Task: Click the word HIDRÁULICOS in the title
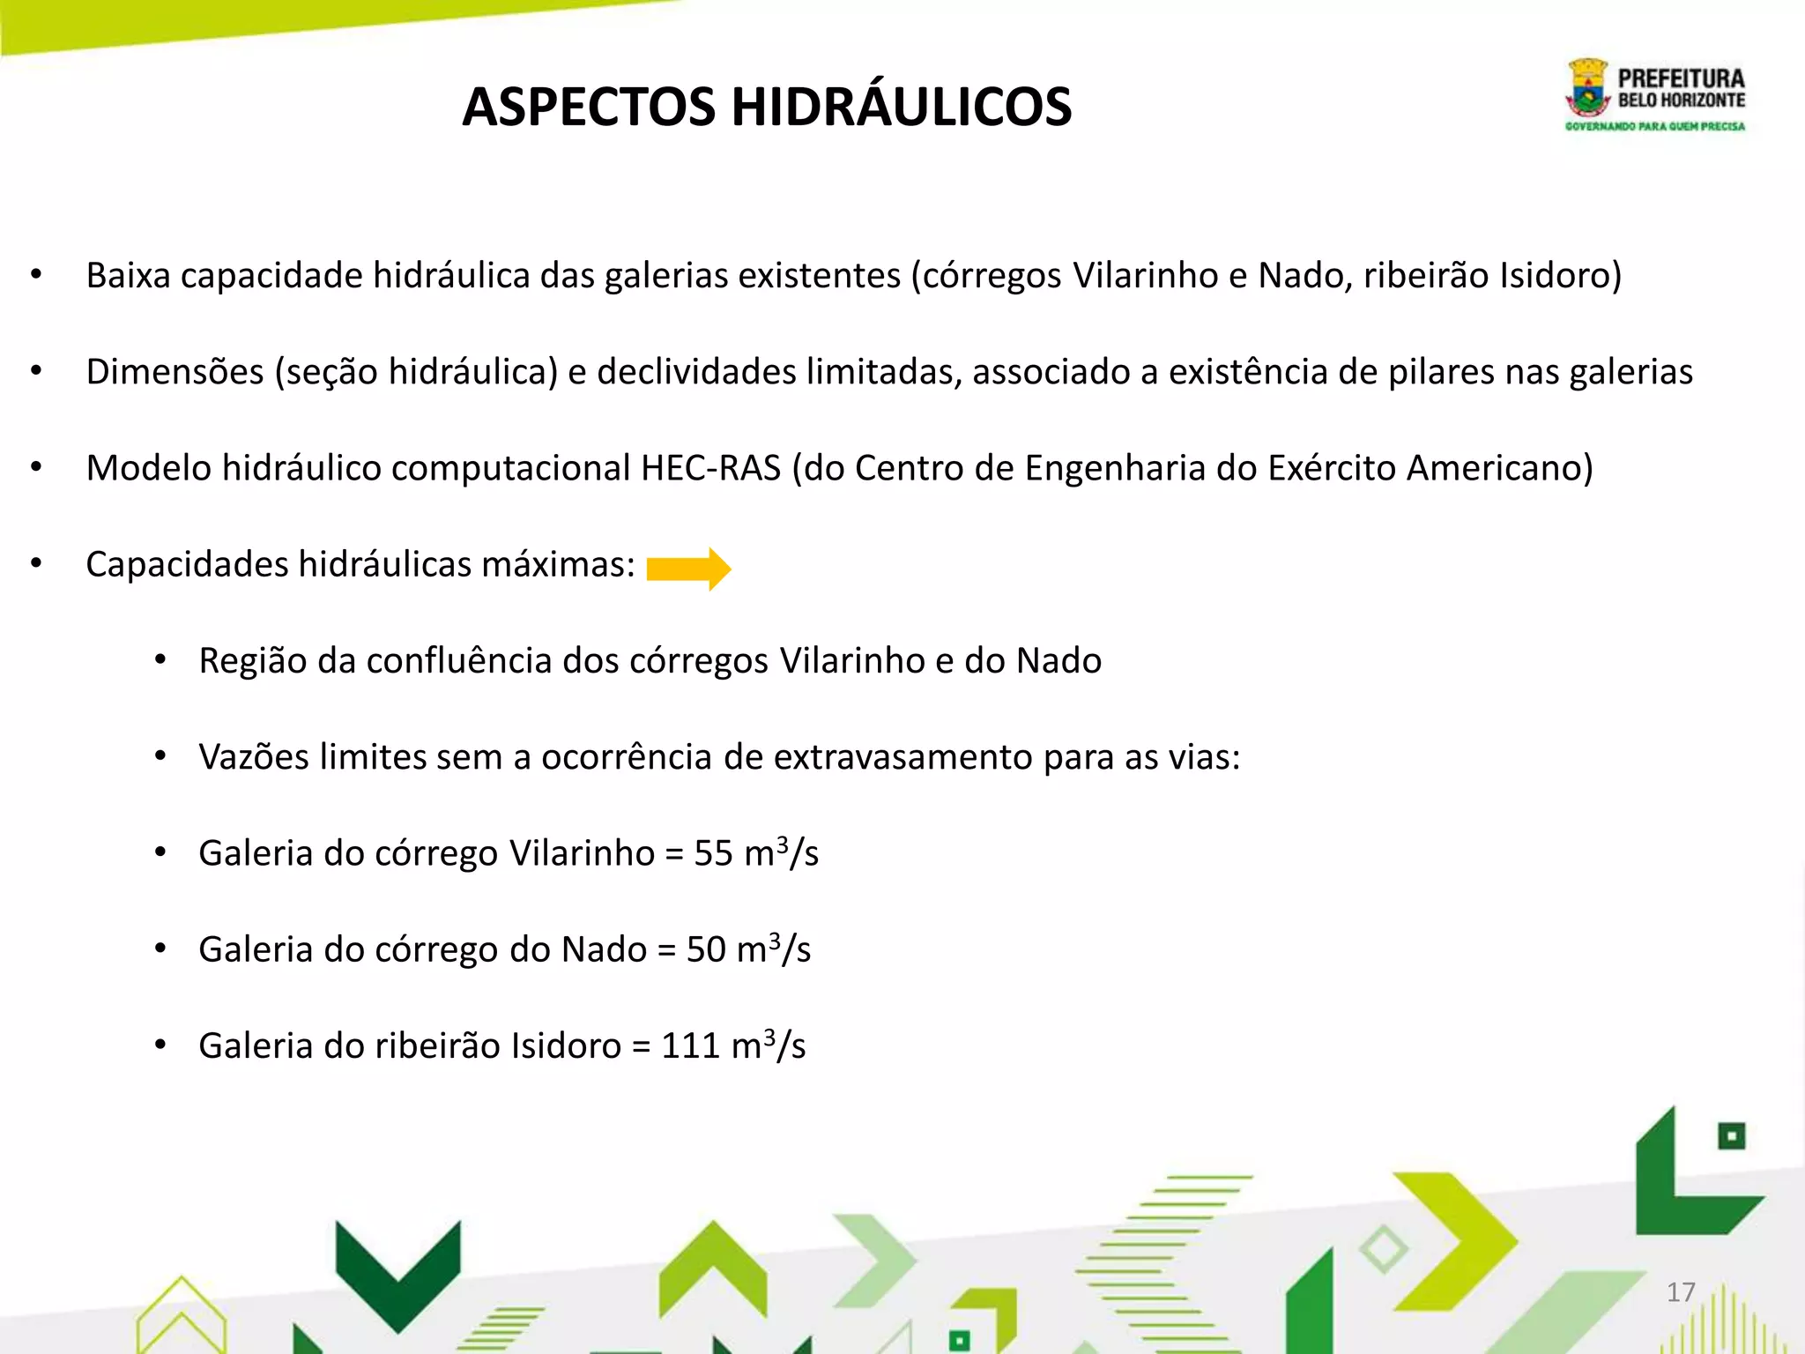pyautogui.click(x=901, y=108)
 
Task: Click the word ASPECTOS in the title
pyautogui.click(x=589, y=108)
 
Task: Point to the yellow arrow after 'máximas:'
pyautogui.click(x=688, y=569)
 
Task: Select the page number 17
pyautogui.click(x=1681, y=1292)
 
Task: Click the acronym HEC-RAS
pyautogui.click(x=710, y=468)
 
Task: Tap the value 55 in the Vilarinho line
pyautogui.click(x=713, y=853)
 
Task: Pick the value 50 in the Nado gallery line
pyautogui.click(x=706, y=949)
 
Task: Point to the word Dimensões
pyautogui.click(x=175, y=372)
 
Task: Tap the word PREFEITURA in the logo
pyautogui.click(x=1681, y=78)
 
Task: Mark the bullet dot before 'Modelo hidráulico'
pyautogui.click(x=36, y=467)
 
